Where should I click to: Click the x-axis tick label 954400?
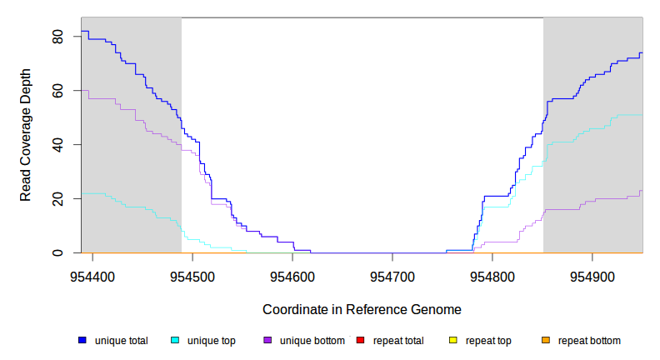coord(92,274)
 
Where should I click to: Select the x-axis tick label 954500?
coord(192,274)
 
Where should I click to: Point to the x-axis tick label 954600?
coord(292,274)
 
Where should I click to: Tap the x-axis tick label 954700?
coord(392,274)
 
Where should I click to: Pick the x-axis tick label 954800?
coord(492,274)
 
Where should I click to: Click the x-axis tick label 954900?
coord(592,274)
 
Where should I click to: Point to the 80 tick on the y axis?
coord(57,37)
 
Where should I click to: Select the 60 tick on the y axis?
coord(57,91)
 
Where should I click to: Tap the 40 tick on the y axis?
coord(57,145)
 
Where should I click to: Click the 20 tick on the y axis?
coord(57,198)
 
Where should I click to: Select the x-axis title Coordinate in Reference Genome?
coord(362,309)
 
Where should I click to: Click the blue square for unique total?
coord(82,340)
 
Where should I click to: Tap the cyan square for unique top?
coord(175,340)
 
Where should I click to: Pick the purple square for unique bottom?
coord(267,340)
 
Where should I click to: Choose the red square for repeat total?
coord(360,340)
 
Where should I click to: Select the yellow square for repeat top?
coord(453,340)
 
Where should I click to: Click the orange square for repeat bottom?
coord(546,340)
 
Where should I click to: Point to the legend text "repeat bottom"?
coord(589,340)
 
